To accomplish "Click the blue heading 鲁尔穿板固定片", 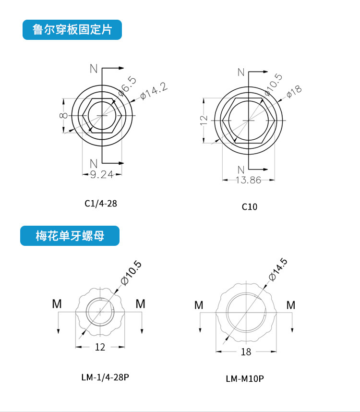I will coord(72,29).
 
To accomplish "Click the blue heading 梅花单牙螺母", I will coord(70,236).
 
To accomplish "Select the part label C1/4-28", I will coord(101,203).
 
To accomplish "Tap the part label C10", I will coord(250,207).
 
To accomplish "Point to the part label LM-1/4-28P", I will coord(105,377).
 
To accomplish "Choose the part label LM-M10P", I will coord(245,379).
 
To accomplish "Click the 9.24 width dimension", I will coord(102,175).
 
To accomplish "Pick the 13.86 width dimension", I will coord(249,180).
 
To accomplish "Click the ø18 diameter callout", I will coord(293,91).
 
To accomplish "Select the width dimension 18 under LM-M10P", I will coord(246,352).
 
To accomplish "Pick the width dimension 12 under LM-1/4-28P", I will coord(100,347).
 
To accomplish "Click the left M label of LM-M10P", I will coord(199,305).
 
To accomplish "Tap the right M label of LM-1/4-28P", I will coord(140,303).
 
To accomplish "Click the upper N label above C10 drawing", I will coord(241,73).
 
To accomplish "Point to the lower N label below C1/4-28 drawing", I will coord(94,161).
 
